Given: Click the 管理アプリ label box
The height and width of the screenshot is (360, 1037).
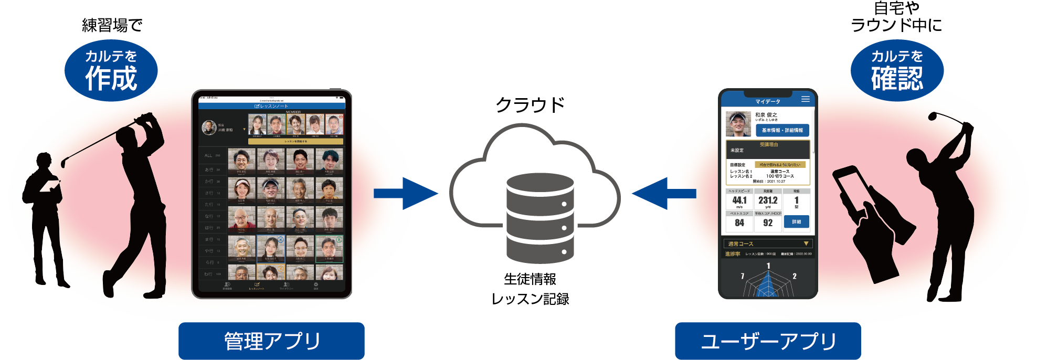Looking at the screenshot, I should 271,341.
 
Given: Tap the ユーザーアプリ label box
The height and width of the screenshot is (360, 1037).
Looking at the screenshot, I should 768,341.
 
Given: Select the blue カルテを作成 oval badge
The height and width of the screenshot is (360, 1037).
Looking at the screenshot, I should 111,71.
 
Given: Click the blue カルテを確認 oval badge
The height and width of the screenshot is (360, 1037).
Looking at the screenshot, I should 897,71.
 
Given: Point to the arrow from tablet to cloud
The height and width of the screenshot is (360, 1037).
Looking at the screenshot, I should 405,194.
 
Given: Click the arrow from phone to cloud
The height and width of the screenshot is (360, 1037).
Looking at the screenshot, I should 664,194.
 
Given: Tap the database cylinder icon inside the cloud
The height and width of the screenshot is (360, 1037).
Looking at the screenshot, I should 540,218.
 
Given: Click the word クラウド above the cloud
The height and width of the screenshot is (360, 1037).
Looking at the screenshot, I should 530,105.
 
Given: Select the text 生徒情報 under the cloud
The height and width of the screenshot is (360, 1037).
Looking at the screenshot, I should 530,279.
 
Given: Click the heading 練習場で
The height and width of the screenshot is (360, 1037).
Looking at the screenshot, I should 112,25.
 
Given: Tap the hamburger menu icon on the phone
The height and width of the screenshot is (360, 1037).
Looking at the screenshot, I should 806,99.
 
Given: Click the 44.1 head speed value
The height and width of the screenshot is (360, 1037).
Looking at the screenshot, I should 739,200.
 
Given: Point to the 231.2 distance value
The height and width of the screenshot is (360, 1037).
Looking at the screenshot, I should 768,200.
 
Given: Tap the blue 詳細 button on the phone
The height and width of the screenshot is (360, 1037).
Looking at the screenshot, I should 796,222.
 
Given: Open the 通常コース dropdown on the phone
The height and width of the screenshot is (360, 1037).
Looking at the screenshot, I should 768,243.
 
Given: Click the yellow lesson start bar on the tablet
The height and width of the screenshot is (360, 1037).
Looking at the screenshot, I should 295,141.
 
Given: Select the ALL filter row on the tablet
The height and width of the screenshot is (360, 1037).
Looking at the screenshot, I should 212,155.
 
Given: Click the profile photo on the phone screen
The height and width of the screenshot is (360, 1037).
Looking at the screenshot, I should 738,124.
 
